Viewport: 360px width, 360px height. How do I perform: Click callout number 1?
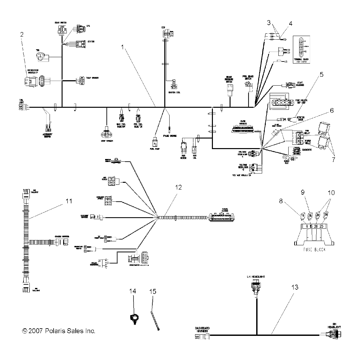point(124,47)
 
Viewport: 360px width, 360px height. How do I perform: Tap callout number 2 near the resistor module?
point(22,34)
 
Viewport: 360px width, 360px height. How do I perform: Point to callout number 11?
point(69,200)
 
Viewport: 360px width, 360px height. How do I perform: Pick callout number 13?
point(296,288)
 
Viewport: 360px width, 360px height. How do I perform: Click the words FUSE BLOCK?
point(309,250)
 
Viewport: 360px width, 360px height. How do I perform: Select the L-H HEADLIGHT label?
point(256,276)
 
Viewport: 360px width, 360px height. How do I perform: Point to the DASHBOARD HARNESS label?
point(202,329)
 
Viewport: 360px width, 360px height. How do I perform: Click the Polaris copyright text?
point(58,331)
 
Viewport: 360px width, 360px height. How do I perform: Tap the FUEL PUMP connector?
point(154,143)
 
